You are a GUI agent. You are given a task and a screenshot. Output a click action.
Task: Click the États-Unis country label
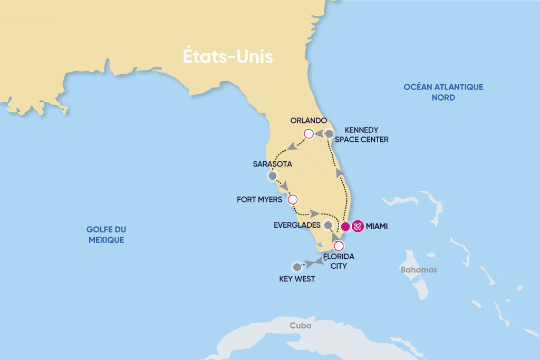pos(228,56)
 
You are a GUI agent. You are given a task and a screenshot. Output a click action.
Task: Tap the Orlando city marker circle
pos(308,134)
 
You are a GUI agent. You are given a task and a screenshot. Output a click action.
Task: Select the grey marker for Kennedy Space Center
pos(329,134)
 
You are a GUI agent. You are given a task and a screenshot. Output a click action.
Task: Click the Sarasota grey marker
pos(272,176)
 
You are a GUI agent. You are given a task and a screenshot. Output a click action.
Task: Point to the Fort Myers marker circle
pos(293,200)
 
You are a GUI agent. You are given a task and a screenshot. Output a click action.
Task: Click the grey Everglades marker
pos(328,226)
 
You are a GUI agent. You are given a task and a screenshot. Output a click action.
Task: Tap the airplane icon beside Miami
pos(358,226)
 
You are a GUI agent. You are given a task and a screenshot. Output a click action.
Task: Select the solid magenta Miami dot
pos(345,227)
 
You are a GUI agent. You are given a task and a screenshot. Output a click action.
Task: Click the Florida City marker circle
pos(339,245)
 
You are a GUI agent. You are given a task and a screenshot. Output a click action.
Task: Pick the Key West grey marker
pos(297,267)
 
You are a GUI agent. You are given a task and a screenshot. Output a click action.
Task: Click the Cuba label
pos(300,326)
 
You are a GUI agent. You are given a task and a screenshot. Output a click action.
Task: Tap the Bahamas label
pos(419,270)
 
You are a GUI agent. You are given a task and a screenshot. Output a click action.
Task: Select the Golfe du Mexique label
pos(107,235)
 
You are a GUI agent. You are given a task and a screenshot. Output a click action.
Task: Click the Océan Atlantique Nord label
pos(443,92)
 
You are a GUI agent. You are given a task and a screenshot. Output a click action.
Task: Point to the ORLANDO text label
pos(308,120)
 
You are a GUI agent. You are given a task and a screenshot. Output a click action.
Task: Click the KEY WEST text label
pos(297,279)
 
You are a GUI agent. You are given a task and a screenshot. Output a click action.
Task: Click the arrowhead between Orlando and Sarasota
pos(291,145)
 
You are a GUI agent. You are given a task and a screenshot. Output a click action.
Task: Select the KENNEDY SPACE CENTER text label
pos(366,134)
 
